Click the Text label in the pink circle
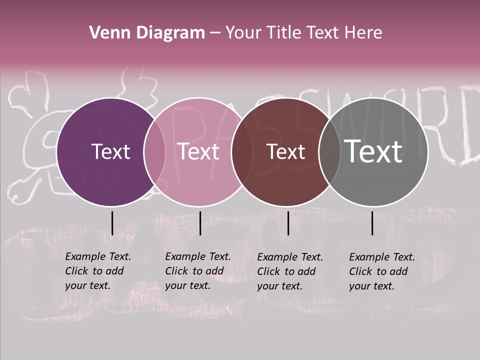coord(198,151)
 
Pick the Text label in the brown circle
coord(285,151)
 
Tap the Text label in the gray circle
coord(373,151)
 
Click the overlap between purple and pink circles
coord(154,151)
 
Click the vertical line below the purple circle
coord(112,223)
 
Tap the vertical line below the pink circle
coord(200,223)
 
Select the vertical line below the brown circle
coord(288,223)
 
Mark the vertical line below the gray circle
coord(372,223)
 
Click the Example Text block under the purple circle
coord(97,271)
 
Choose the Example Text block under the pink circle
coord(197,271)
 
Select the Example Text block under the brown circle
coord(289,271)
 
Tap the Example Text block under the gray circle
coord(381,271)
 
